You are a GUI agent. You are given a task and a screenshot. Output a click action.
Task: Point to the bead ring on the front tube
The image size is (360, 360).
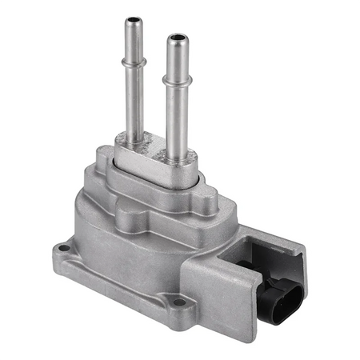click(x=177, y=81)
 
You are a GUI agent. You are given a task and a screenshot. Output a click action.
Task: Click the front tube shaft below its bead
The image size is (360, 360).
click(x=178, y=116)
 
